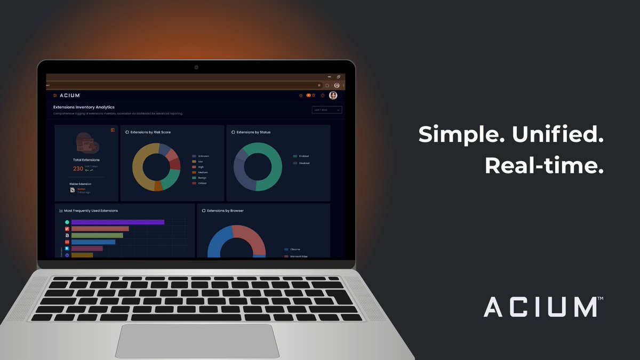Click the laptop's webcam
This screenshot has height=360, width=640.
[x=196, y=67]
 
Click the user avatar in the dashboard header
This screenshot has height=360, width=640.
[x=333, y=95]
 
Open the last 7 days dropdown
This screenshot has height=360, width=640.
[x=327, y=110]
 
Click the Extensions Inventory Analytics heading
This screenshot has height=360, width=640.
[x=84, y=107]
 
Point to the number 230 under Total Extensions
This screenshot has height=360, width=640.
[x=78, y=169]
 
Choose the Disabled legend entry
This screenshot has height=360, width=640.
[x=303, y=163]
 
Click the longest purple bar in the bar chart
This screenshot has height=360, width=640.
[x=117, y=222]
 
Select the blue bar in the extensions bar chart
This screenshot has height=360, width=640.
[x=93, y=242]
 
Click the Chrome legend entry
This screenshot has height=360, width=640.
[x=295, y=249]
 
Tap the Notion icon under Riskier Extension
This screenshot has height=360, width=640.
[x=73, y=190]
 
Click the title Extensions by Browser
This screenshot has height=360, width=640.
[x=225, y=211]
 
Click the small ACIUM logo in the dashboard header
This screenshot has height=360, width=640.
[x=69, y=95]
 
